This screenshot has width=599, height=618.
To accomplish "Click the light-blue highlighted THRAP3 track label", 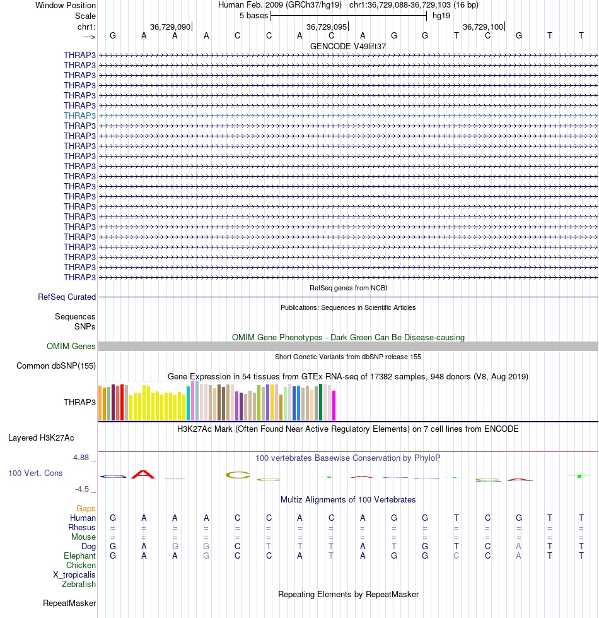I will [79, 116].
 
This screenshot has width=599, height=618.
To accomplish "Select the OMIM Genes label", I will [71, 346].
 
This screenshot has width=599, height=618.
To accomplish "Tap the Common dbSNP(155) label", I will [56, 365].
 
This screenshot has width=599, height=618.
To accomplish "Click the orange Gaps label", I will [86, 508].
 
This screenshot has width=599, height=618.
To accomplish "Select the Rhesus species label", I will [82, 527].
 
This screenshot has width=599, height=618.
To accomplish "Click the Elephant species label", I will [79, 556].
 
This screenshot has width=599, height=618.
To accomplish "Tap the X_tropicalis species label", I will [74, 574].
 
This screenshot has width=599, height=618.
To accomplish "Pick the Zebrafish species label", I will [79, 584].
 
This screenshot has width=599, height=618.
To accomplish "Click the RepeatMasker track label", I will [69, 603].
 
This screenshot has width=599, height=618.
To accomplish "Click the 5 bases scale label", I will [253, 15].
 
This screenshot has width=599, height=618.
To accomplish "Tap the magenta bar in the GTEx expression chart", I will [334, 405].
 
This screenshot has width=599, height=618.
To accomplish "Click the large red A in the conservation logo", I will [143, 475].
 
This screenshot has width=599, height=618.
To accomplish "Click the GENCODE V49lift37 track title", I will [348, 46].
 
